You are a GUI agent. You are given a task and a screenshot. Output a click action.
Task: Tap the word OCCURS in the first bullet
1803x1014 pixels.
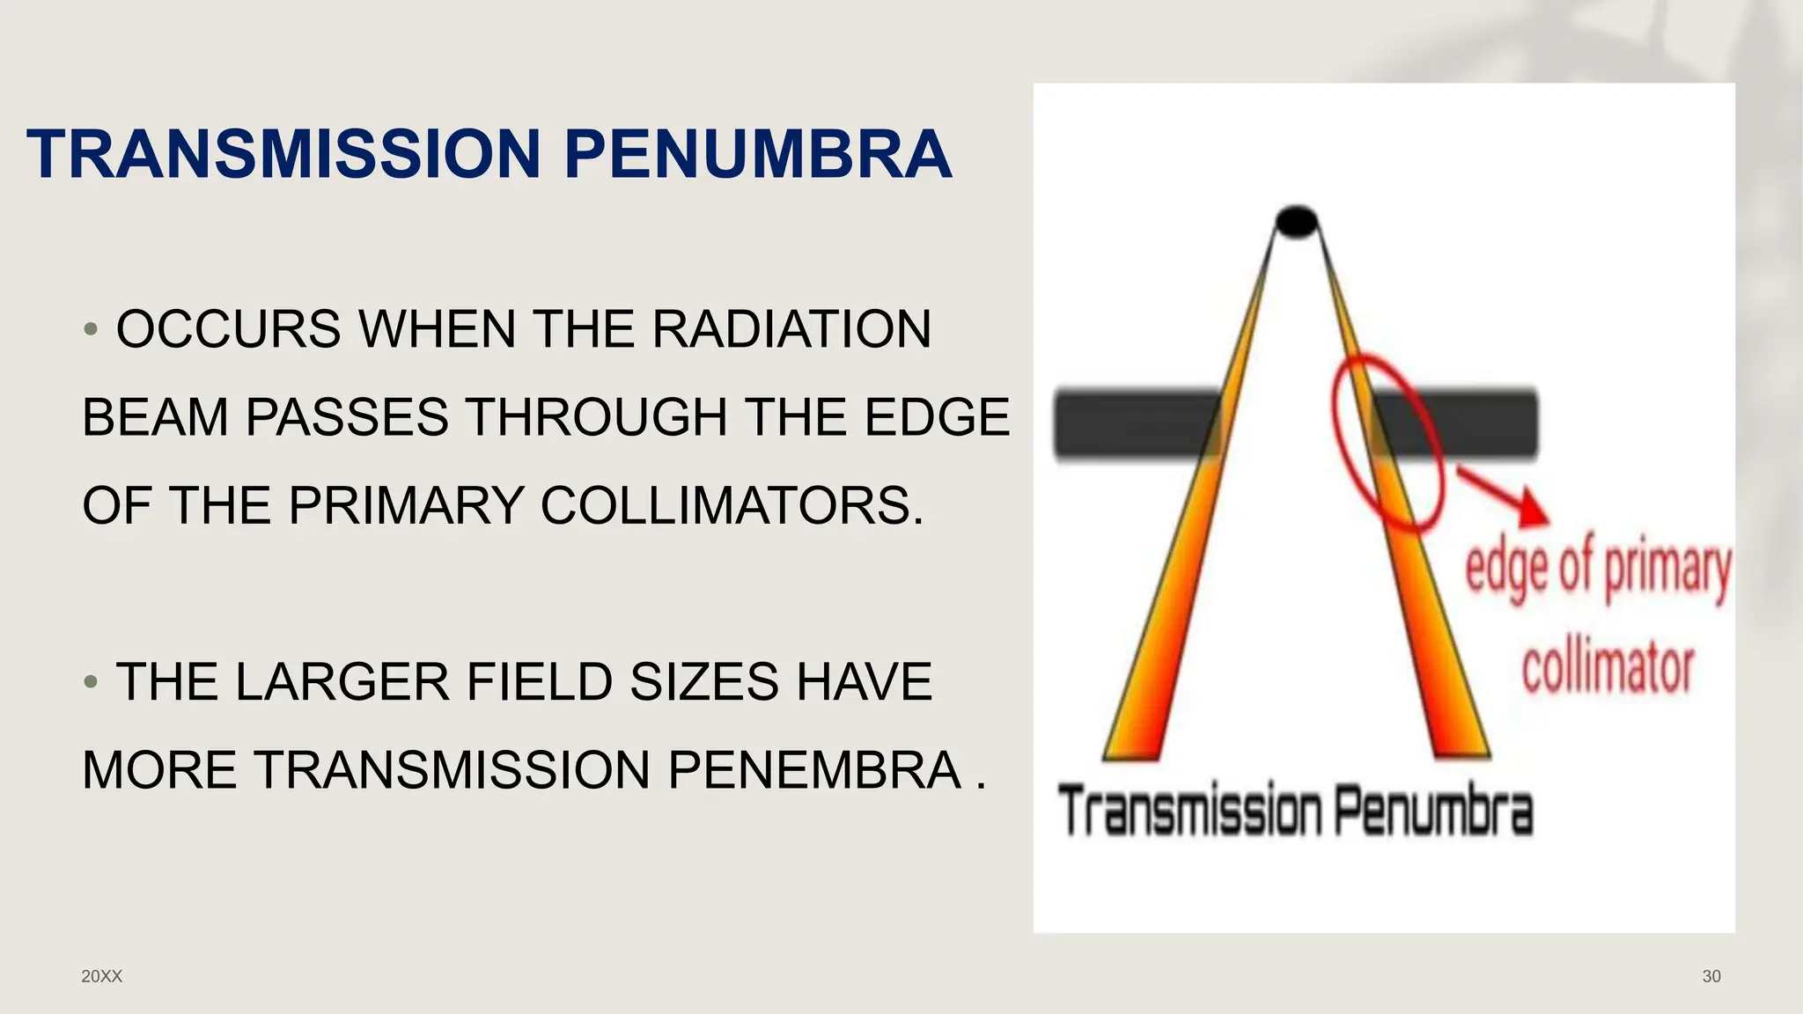click(x=228, y=329)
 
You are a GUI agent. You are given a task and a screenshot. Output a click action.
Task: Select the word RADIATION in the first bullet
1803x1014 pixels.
click(x=791, y=329)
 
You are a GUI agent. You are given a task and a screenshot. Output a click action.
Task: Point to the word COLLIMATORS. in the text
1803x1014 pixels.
click(x=732, y=505)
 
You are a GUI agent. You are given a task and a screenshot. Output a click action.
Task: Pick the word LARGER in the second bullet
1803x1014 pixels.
click(x=342, y=682)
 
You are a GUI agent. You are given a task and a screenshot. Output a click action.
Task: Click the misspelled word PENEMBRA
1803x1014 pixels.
click(x=814, y=770)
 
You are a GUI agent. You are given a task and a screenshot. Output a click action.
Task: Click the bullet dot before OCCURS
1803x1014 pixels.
click(x=90, y=330)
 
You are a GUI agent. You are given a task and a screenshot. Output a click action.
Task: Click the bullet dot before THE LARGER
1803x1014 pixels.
click(x=90, y=682)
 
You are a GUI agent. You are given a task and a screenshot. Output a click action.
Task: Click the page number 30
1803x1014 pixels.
click(x=1711, y=976)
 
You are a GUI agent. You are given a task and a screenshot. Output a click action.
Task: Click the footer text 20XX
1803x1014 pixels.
click(x=101, y=976)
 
